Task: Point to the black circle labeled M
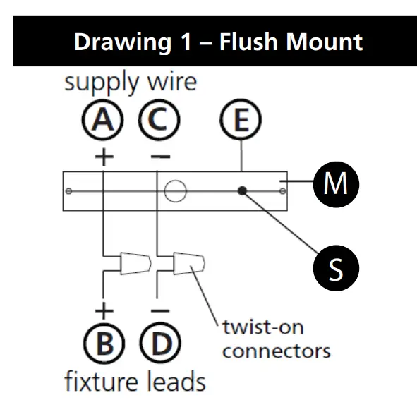pos(336,185)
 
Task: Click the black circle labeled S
pos(336,269)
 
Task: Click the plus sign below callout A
pos(104,157)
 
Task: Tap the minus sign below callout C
pos(159,156)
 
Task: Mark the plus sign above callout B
pos(104,310)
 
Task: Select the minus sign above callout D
pos(160,310)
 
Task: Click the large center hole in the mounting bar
pos(174,190)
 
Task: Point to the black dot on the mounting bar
pos(242,190)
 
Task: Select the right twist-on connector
pos(190,265)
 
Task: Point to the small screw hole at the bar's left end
pos(68,191)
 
